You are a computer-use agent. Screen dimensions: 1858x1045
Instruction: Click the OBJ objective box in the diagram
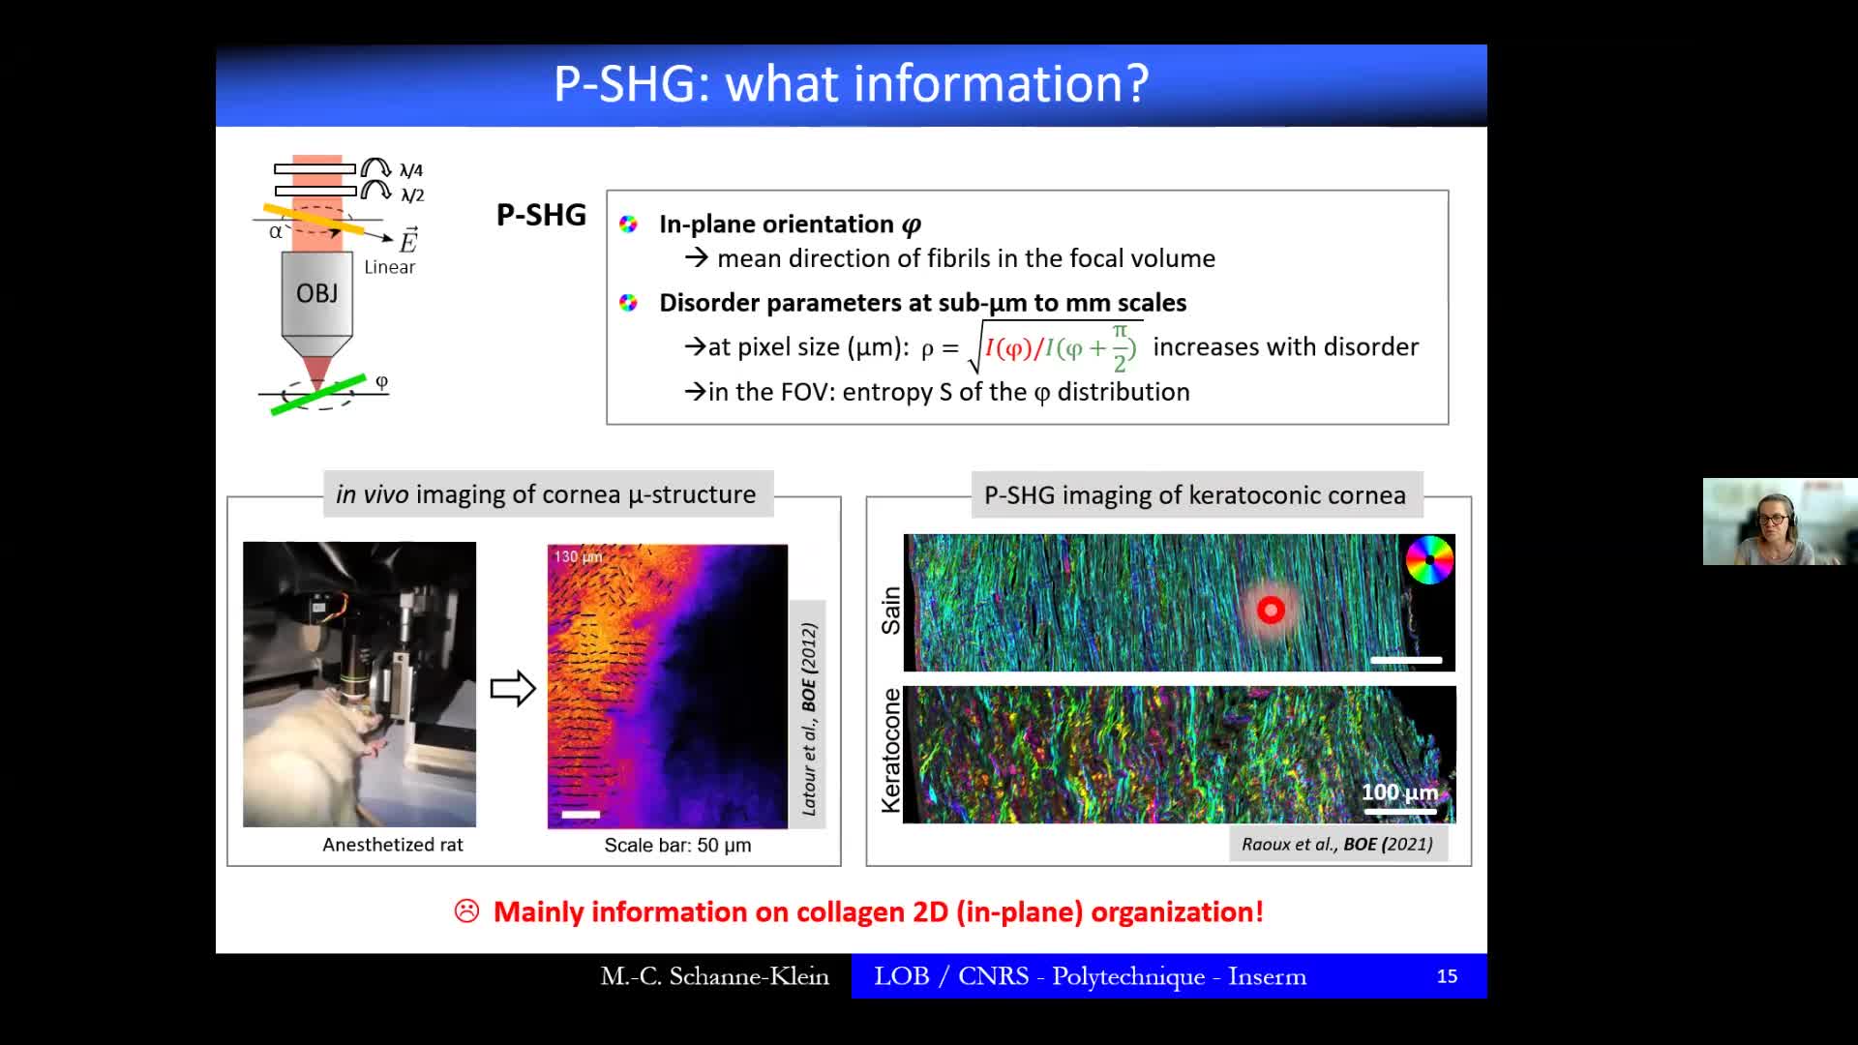(316, 294)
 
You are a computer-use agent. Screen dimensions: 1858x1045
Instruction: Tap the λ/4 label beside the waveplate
(411, 170)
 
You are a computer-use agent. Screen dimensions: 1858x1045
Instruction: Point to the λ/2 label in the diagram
(412, 195)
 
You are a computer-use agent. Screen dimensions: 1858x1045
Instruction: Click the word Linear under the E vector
(390, 267)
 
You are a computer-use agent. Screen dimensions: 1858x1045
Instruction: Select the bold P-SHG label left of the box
(541, 215)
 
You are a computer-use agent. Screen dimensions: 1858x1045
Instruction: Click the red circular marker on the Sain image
(1271, 610)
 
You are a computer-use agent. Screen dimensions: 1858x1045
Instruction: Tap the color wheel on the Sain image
(1429, 559)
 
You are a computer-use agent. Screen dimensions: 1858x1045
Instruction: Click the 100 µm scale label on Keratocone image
(1399, 791)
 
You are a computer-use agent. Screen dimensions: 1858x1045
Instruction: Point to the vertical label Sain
(890, 611)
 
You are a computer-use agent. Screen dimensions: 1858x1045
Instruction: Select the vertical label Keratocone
(890, 751)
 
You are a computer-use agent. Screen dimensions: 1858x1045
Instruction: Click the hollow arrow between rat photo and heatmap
(513, 689)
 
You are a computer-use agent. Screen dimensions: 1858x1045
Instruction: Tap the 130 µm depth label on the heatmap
(578, 556)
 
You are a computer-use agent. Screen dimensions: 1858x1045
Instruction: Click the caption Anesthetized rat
(393, 845)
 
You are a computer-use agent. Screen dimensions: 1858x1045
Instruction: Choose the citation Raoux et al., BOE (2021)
(1337, 844)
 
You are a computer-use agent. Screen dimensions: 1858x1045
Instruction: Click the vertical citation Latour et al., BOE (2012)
(809, 719)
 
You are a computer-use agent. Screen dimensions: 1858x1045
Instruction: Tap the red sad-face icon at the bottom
(466, 911)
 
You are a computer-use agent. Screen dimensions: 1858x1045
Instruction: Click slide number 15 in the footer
(1447, 976)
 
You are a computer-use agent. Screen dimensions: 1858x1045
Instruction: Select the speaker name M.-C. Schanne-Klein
(715, 976)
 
